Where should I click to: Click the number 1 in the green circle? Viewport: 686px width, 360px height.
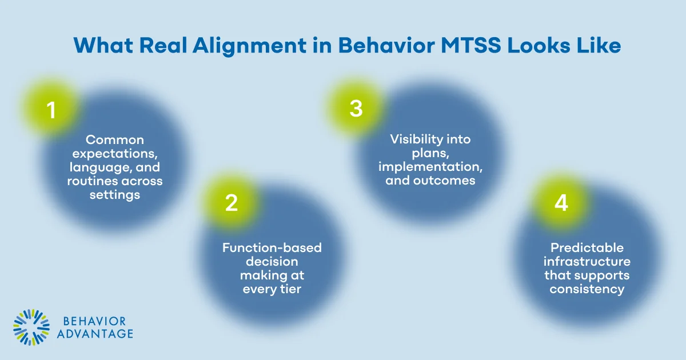click(x=51, y=110)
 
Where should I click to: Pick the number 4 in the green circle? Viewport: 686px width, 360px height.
click(x=561, y=203)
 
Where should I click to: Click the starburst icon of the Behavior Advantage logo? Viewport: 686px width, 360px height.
click(x=31, y=328)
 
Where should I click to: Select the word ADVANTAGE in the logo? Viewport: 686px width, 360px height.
click(x=95, y=334)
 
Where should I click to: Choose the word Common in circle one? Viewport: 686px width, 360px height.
click(x=115, y=140)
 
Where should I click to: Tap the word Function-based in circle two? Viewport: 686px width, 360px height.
click(x=272, y=248)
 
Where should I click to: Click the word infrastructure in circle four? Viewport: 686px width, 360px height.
click(x=587, y=262)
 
